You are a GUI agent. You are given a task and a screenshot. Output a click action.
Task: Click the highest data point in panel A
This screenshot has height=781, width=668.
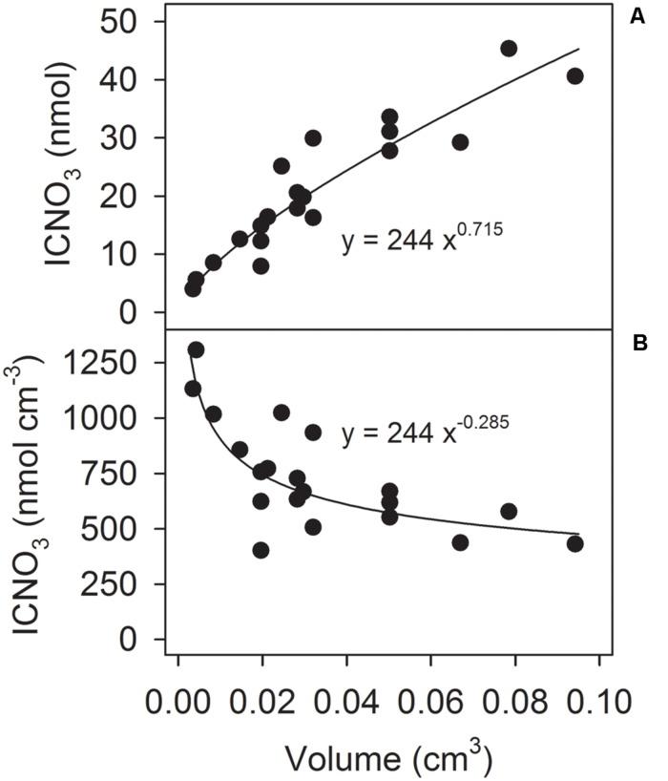[509, 48]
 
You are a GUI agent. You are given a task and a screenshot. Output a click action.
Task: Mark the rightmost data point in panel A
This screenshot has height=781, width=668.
[574, 75]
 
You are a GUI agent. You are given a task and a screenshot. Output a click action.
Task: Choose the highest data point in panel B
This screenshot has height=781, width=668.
[196, 349]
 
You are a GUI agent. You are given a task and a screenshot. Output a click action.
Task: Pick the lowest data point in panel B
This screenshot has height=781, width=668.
[261, 550]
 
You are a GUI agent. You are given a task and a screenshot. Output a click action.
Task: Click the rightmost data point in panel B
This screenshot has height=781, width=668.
[574, 543]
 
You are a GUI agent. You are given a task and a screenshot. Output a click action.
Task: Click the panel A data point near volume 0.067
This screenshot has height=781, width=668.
[460, 141]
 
